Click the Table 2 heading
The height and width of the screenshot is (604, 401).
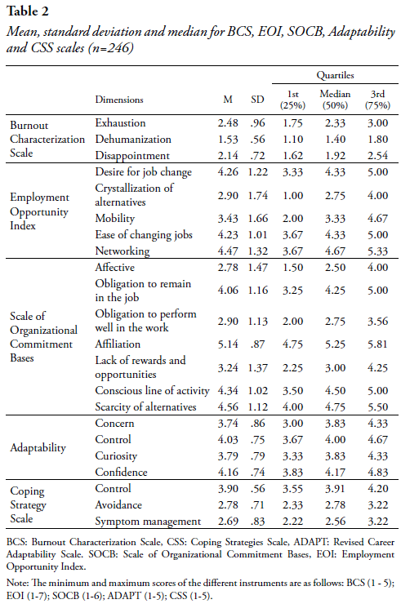click(x=28, y=11)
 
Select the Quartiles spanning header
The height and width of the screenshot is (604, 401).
click(x=335, y=75)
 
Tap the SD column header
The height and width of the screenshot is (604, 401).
click(x=257, y=100)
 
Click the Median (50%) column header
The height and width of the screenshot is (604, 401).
click(x=335, y=100)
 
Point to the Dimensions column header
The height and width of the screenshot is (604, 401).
click(x=119, y=100)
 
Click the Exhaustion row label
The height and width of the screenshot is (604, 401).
click(x=120, y=123)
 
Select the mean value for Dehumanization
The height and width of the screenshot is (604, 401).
click(x=228, y=139)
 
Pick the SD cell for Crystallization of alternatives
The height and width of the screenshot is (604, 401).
click(x=257, y=195)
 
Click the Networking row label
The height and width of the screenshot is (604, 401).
click(x=123, y=251)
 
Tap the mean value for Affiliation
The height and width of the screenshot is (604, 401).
click(x=228, y=344)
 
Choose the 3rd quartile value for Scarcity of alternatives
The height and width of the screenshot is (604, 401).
click(x=377, y=406)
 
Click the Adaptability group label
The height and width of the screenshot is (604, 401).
click(x=38, y=447)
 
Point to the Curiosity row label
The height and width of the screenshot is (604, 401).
click(x=116, y=456)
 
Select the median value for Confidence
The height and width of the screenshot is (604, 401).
click(x=335, y=473)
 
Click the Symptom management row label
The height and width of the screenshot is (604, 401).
click(x=148, y=522)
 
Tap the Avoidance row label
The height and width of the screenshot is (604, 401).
click(x=118, y=504)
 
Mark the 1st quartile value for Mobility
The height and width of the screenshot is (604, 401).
click(x=292, y=219)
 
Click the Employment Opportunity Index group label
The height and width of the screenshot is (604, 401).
click(x=40, y=211)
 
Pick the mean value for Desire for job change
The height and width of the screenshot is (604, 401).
click(x=228, y=171)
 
